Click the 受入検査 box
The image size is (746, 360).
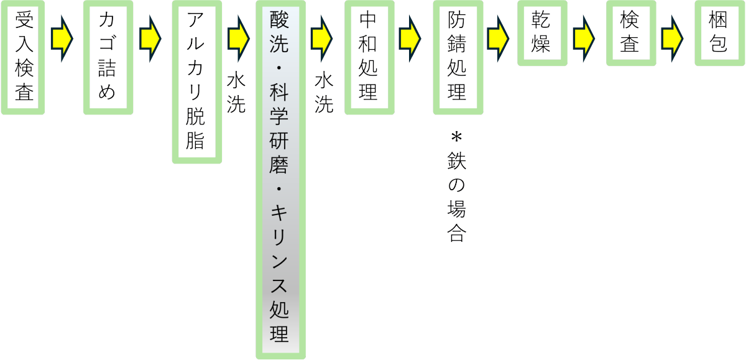click(x=24, y=58)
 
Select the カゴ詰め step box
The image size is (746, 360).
click(x=108, y=58)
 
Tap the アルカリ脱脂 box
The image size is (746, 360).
click(x=196, y=83)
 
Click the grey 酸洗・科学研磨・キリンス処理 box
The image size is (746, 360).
click(x=280, y=180)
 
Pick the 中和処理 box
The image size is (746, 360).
click(x=369, y=58)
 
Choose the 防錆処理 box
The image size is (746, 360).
click(x=458, y=58)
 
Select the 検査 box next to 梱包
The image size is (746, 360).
click(x=630, y=33)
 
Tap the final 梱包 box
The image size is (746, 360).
click(x=719, y=33)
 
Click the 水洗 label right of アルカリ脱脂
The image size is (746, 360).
click(x=236, y=93)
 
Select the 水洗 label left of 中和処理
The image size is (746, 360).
click(x=324, y=93)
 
